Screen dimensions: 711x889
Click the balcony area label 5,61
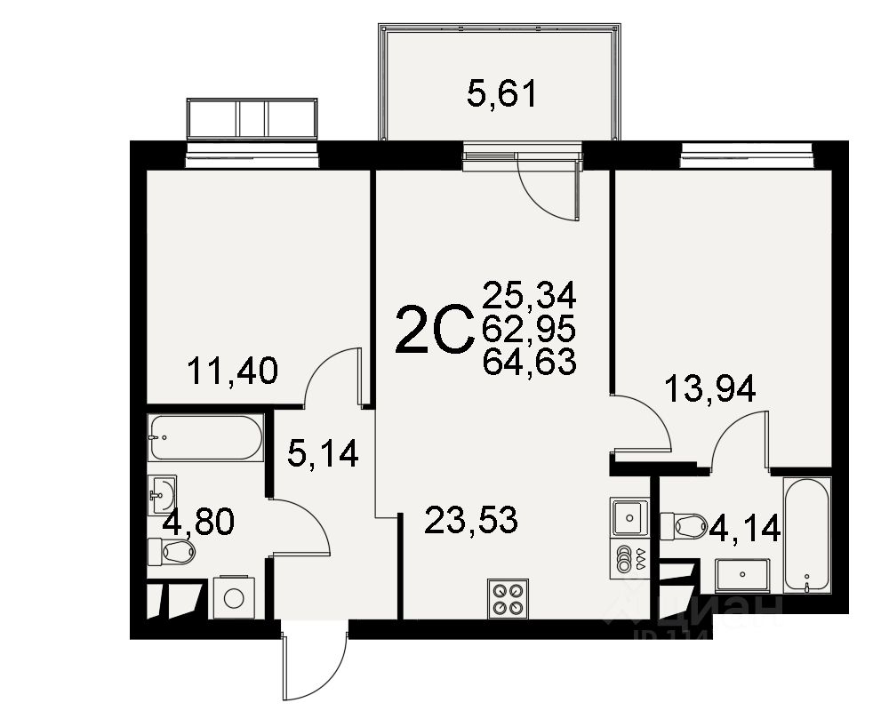(x=502, y=93)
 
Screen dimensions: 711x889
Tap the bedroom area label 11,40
(x=233, y=370)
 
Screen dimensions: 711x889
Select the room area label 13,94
(x=711, y=387)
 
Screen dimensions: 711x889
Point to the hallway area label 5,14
(x=323, y=454)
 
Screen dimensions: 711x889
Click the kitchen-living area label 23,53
(x=470, y=520)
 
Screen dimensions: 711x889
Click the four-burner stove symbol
(x=508, y=597)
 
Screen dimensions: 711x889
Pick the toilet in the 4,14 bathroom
(x=685, y=525)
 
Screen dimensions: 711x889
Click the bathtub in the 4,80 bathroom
(x=206, y=437)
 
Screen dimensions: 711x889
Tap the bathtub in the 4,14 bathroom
(x=806, y=535)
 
